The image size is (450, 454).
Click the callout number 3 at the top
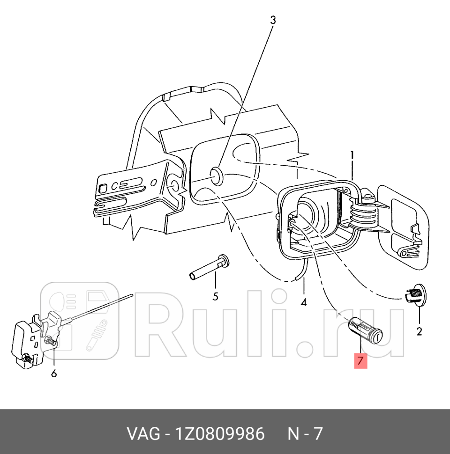click(x=272, y=20)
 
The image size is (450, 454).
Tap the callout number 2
click(x=419, y=331)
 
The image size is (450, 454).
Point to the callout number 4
click(x=304, y=302)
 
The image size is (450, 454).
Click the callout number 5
click(x=215, y=296)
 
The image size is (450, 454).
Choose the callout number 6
click(x=54, y=374)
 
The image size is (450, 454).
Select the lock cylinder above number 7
click(x=366, y=330)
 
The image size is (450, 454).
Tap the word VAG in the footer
click(x=142, y=434)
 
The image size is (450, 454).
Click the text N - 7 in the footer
click(x=305, y=434)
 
